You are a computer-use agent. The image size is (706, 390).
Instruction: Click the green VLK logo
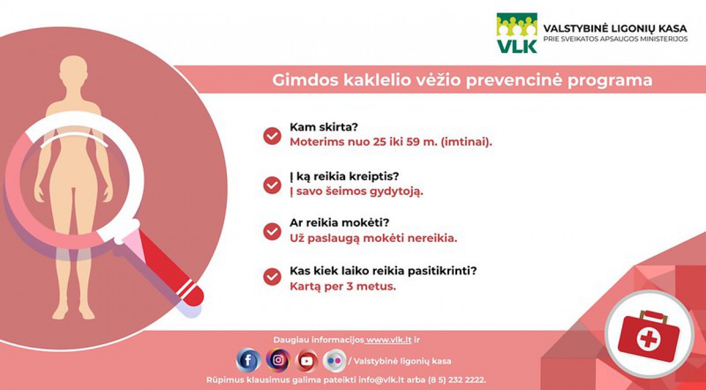(517, 33)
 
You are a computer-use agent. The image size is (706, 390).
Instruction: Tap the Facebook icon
(249, 361)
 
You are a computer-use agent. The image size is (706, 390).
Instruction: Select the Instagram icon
(278, 360)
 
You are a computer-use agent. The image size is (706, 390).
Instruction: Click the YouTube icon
(307, 361)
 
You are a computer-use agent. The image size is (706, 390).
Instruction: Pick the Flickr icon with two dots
(334, 361)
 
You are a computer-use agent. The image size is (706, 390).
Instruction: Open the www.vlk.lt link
(389, 340)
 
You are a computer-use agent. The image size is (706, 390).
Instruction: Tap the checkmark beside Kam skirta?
(272, 136)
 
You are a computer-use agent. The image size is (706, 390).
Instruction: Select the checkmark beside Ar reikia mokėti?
(272, 232)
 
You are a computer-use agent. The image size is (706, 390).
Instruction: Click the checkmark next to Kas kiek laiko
(272, 277)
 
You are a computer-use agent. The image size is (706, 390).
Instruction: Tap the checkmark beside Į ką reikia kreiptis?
(272, 185)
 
